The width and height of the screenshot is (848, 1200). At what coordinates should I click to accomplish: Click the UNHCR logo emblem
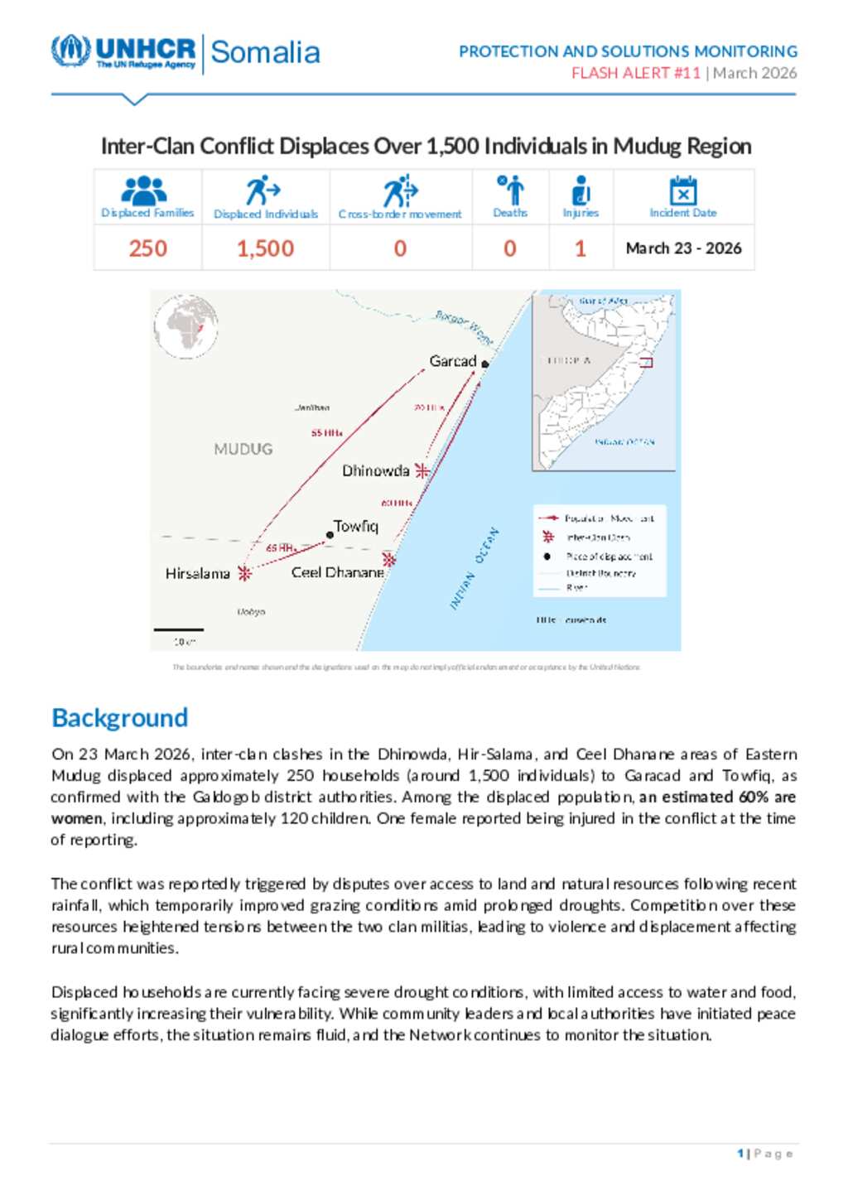70,51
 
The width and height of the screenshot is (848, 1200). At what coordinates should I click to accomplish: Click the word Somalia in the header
265,52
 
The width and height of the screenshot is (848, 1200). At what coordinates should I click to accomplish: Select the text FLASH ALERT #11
635,73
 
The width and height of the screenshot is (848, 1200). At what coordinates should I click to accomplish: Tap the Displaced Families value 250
147,248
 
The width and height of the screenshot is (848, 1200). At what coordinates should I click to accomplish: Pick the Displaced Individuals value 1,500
265,248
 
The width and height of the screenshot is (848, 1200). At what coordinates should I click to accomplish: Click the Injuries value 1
581,248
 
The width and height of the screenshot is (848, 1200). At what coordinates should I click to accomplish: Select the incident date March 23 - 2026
683,248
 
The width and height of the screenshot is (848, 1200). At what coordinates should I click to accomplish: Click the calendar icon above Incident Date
683,190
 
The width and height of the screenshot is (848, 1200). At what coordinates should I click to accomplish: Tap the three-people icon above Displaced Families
144,190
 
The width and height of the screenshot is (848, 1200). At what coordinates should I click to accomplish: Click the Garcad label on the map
452,361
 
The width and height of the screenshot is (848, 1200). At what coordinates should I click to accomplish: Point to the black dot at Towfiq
330,535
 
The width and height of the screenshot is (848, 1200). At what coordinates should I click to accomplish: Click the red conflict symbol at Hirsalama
244,572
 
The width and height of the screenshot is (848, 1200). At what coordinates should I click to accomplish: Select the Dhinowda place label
376,470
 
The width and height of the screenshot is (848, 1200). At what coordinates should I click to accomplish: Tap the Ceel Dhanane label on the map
337,572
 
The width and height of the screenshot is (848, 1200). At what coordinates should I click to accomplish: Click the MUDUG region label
243,449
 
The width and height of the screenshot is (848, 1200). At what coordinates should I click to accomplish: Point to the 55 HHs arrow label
326,433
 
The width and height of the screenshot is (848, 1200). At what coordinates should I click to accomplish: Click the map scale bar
179,630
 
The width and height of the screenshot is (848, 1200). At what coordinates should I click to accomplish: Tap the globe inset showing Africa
186,328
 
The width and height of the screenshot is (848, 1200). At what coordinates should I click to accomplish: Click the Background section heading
120,717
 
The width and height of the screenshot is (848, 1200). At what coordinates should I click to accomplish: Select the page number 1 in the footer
740,1154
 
